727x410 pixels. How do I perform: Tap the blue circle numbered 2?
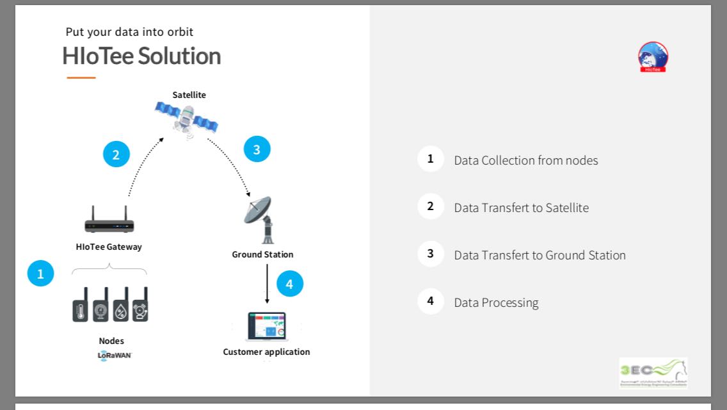(x=116, y=154)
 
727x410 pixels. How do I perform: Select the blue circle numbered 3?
(x=257, y=149)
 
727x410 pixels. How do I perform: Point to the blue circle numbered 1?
(x=40, y=274)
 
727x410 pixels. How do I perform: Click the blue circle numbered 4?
(x=289, y=284)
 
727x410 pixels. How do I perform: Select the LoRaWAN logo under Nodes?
(x=115, y=355)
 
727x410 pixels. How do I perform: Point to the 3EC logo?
(x=653, y=373)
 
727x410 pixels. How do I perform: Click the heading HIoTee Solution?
(x=141, y=56)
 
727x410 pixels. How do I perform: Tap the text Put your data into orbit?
(x=129, y=32)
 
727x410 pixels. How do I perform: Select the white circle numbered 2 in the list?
(x=431, y=206)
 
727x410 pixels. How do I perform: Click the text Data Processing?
(x=496, y=302)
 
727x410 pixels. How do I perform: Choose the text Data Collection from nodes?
(x=526, y=160)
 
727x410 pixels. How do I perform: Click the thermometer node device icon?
(x=80, y=305)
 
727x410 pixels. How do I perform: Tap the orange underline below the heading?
(x=81, y=78)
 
